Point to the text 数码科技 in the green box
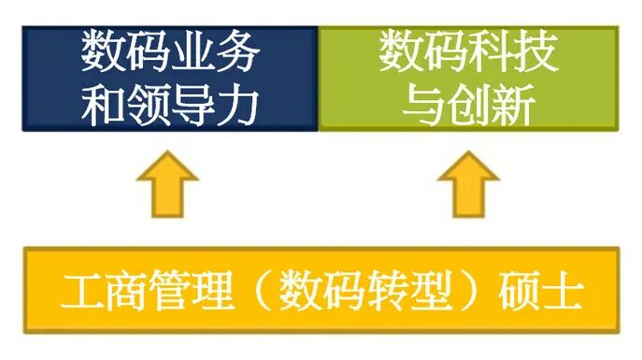pyautogui.click(x=469, y=53)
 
